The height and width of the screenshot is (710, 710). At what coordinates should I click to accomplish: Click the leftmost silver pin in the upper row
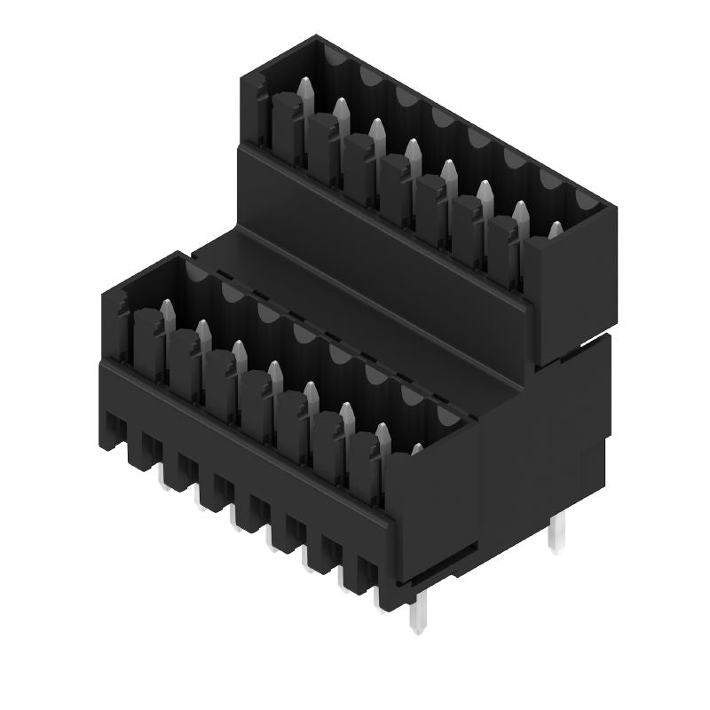coord(305,92)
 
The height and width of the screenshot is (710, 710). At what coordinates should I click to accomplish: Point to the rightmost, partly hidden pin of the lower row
coord(415,449)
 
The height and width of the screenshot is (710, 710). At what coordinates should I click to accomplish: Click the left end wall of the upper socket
coord(252,106)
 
